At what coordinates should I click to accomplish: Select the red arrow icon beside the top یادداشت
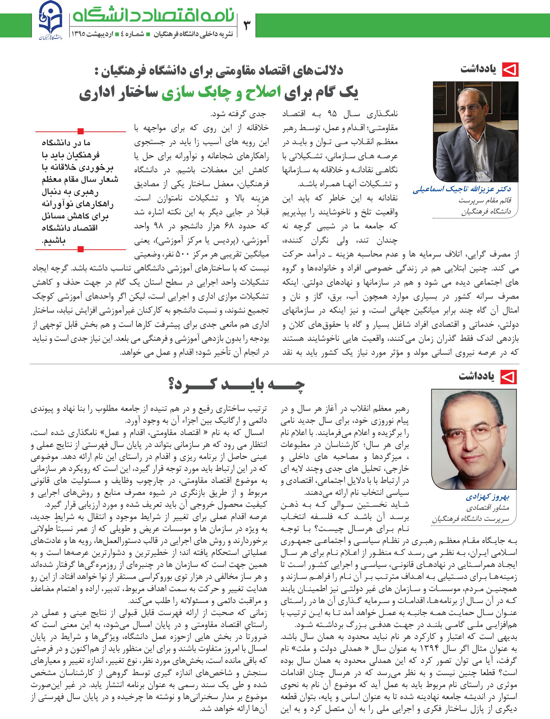pyautogui.click(x=510, y=70)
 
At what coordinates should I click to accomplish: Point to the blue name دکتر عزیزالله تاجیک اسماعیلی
pyautogui.click(x=462, y=189)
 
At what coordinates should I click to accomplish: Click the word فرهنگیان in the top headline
pyautogui.click(x=123, y=71)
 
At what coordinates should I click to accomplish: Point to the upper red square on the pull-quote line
pyautogui.click(x=81, y=131)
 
